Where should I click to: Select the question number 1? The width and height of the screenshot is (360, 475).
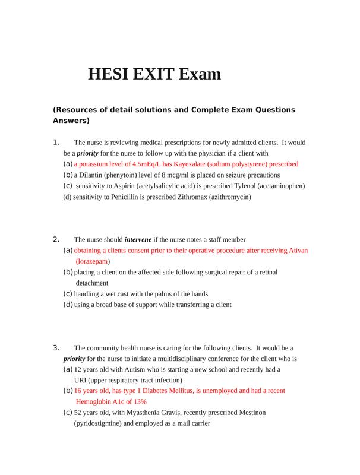[56, 142]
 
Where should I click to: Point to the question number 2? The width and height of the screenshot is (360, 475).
[56, 239]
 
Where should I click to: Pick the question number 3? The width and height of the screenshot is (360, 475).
[56, 348]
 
